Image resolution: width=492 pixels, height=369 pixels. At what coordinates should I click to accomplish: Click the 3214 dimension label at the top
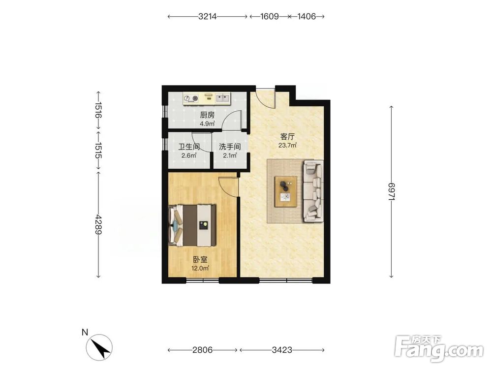click(208, 16)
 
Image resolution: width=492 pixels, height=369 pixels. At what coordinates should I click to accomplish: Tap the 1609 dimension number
click(269, 16)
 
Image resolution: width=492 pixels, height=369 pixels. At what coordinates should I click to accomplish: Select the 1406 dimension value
click(306, 16)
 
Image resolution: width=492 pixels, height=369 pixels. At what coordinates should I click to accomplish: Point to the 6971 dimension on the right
click(391, 192)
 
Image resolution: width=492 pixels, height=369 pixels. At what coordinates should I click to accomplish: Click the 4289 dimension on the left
click(98, 224)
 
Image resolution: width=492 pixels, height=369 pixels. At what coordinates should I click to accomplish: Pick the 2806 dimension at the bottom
click(202, 349)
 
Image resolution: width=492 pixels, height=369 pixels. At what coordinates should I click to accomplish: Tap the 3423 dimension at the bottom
click(282, 349)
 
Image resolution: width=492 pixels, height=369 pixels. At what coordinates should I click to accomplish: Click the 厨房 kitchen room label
click(207, 115)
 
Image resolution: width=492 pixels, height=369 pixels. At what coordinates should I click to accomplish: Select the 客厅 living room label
click(287, 137)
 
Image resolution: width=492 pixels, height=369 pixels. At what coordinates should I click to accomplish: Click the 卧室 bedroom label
click(200, 260)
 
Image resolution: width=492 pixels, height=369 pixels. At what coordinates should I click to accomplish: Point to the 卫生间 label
click(189, 147)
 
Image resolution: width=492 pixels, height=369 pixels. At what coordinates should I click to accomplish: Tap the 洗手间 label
click(230, 147)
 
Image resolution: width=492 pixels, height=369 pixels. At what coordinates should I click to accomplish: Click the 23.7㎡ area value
click(287, 145)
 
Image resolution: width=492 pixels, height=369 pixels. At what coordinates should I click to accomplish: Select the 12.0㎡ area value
click(200, 268)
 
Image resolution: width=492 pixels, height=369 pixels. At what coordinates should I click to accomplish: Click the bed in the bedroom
click(192, 225)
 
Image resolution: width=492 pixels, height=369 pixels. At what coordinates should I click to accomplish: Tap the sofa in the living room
click(313, 191)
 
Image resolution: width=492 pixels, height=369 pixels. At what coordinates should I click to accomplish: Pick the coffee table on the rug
click(286, 191)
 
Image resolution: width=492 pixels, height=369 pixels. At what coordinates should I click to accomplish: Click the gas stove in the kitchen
click(191, 98)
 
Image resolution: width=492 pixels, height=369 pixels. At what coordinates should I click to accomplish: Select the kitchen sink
click(222, 98)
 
